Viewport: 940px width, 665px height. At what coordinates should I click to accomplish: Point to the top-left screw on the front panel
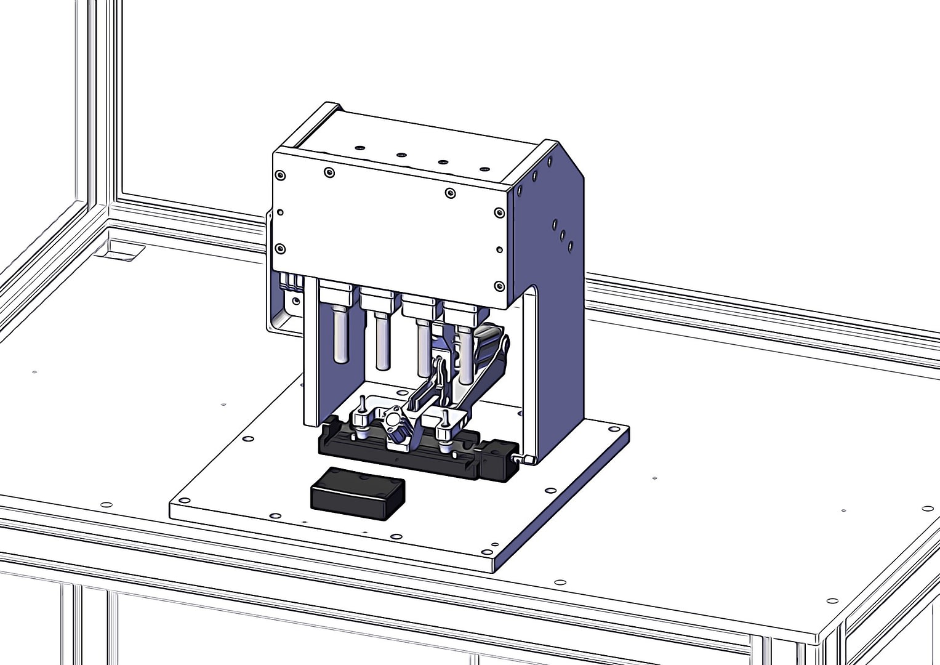tap(280, 175)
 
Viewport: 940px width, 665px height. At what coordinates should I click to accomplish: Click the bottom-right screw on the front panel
tap(499, 286)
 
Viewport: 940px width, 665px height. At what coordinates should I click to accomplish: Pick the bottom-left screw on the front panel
tap(280, 249)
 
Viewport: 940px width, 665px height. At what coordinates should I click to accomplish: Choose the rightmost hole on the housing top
tap(484, 169)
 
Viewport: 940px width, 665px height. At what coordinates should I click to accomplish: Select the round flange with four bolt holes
tap(393, 421)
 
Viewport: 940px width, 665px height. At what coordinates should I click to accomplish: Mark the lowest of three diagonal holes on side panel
tap(571, 246)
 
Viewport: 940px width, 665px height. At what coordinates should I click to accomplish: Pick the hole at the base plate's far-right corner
tap(614, 429)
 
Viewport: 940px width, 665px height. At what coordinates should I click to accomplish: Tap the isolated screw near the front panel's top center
tap(450, 193)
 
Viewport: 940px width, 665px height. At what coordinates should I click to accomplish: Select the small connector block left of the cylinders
tap(291, 283)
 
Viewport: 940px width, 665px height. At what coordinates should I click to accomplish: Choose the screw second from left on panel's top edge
tap(329, 173)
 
